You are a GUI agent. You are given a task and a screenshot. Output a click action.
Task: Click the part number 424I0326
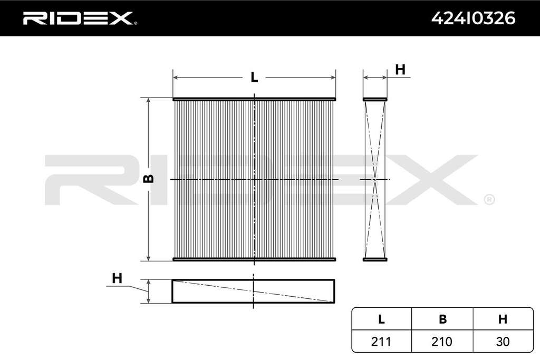click(473, 18)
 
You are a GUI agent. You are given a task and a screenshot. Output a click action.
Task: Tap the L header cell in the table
click(381, 319)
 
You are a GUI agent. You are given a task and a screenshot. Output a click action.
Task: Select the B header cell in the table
click(442, 319)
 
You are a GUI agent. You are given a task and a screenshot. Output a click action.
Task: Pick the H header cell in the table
click(503, 319)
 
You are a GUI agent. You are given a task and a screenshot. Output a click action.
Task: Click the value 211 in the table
click(381, 342)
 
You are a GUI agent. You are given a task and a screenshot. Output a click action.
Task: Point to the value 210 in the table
click(442, 342)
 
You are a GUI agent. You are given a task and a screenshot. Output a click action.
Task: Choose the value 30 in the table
click(503, 342)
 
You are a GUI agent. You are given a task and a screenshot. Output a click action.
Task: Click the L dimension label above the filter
click(254, 77)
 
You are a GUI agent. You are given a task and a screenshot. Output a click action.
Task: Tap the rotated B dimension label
click(149, 179)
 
